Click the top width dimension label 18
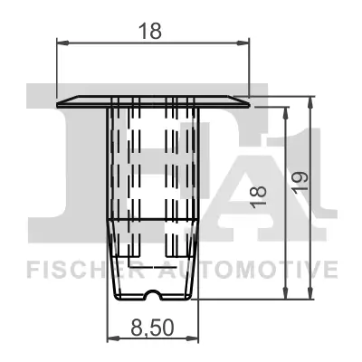[152, 30]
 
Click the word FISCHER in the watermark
[73, 269]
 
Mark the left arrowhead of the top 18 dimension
[62, 41]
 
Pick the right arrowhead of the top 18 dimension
[243, 41]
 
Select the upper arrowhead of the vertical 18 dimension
[288, 110]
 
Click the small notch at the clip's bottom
[151, 293]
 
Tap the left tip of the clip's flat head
[58, 101]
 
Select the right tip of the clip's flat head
[247, 101]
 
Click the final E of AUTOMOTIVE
[331, 269]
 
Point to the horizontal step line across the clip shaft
[151, 218]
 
